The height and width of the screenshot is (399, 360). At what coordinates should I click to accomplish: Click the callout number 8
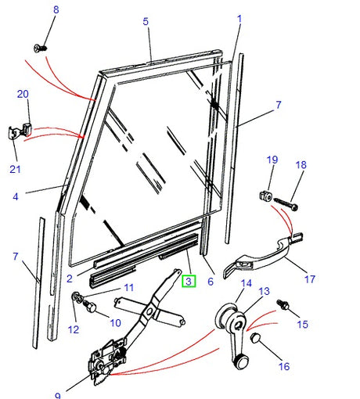click(x=55, y=9)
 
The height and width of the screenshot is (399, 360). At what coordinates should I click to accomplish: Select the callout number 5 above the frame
click(x=146, y=21)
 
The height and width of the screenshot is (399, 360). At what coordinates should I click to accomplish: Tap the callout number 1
click(x=239, y=18)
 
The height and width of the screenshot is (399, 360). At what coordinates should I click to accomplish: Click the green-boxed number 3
click(x=189, y=279)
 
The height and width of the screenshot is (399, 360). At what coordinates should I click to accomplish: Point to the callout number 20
click(x=23, y=94)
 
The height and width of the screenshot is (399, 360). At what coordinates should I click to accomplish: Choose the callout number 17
click(x=310, y=279)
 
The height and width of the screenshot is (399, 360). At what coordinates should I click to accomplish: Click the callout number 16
click(x=283, y=366)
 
